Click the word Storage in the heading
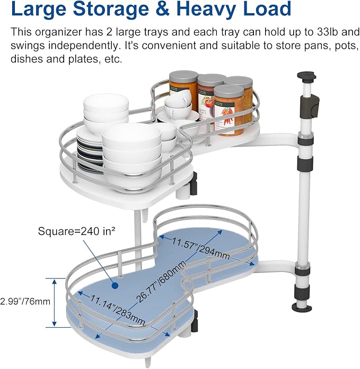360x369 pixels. (111, 8)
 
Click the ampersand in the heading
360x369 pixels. (163, 8)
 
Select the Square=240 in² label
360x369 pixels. (77, 231)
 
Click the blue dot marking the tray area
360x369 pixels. (115, 286)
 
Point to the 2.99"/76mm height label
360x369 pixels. (25, 302)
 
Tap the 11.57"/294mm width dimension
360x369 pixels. (201, 249)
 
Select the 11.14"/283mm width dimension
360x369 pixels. (117, 310)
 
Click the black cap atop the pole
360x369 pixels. (306, 76)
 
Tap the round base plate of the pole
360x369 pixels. (301, 307)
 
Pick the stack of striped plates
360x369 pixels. (90, 151)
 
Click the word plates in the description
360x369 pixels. (84, 59)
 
